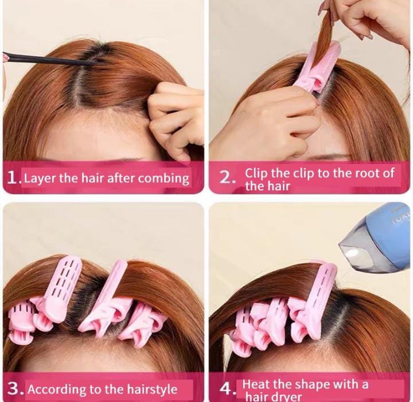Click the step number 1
coord(13,177)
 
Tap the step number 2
coord(226,177)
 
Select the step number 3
coord(14,389)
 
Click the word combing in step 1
coord(163,178)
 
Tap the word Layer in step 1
coord(40,178)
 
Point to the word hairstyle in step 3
coord(152,389)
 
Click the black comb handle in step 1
coord(48,59)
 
